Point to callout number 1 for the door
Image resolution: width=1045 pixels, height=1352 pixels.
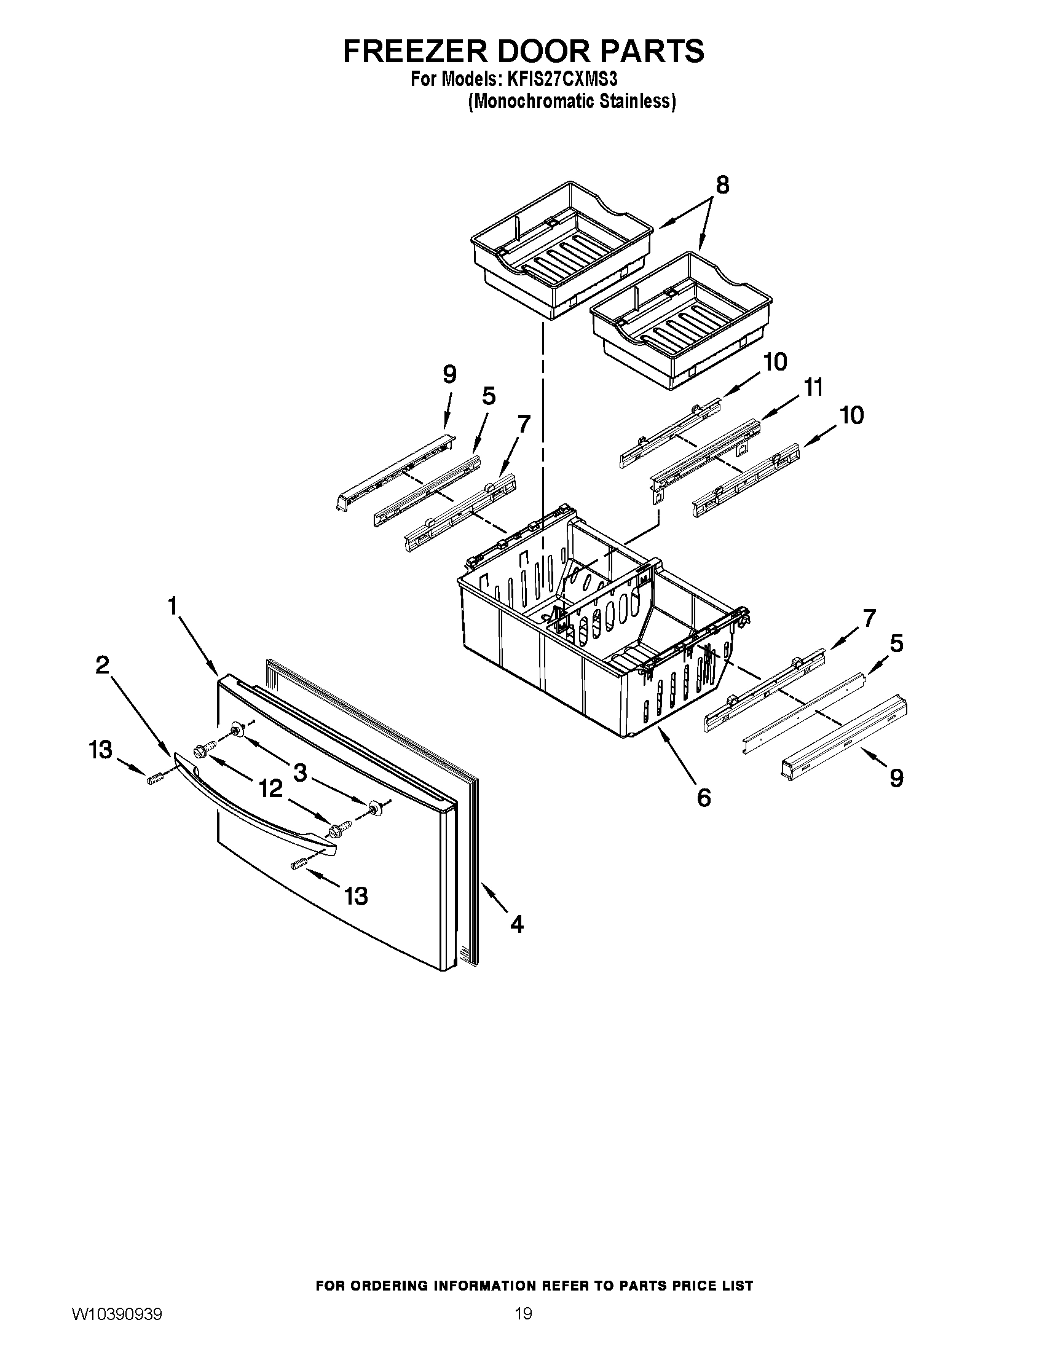click(x=173, y=605)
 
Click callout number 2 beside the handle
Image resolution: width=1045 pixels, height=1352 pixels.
click(x=102, y=666)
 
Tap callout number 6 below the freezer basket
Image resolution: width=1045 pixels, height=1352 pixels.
click(x=704, y=798)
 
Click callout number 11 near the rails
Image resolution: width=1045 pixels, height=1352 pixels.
click(x=813, y=388)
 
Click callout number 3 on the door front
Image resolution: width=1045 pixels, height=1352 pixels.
click(x=299, y=772)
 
